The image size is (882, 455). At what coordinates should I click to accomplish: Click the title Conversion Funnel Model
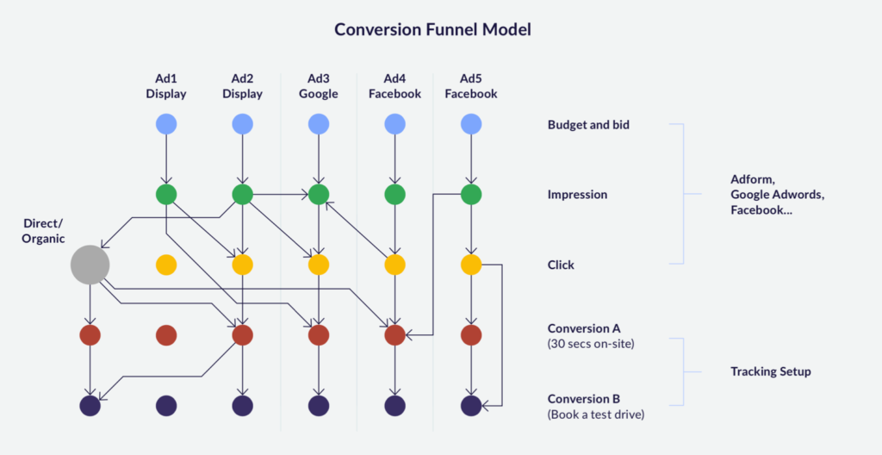click(x=432, y=30)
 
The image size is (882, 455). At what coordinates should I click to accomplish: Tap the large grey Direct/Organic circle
click(x=90, y=265)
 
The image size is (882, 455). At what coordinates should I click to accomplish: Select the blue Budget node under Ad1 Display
click(x=166, y=124)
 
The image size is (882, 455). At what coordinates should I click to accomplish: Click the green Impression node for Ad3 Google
click(x=319, y=195)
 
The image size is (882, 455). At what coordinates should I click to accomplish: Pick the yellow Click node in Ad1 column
click(x=166, y=265)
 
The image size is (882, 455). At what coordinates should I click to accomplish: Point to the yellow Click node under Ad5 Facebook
click(x=471, y=265)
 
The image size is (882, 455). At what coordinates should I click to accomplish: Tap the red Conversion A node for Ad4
click(x=394, y=335)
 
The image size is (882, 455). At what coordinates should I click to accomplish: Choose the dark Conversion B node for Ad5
click(x=471, y=405)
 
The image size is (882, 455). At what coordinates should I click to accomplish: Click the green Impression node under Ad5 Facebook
click(x=471, y=195)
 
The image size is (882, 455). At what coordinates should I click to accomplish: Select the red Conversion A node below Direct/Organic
click(x=90, y=335)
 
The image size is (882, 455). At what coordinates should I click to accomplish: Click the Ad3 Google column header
click(x=319, y=86)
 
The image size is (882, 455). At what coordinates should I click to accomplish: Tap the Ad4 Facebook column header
click(x=394, y=86)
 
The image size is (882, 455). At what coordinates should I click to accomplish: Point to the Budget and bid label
click(x=588, y=125)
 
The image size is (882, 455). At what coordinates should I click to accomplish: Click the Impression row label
click(x=578, y=195)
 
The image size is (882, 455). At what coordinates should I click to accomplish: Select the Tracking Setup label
click(x=771, y=371)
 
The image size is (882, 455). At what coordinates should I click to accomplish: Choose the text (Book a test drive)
click(x=596, y=416)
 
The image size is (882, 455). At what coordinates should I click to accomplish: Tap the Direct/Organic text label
click(x=43, y=231)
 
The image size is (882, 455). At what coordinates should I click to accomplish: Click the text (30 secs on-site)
click(x=591, y=343)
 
